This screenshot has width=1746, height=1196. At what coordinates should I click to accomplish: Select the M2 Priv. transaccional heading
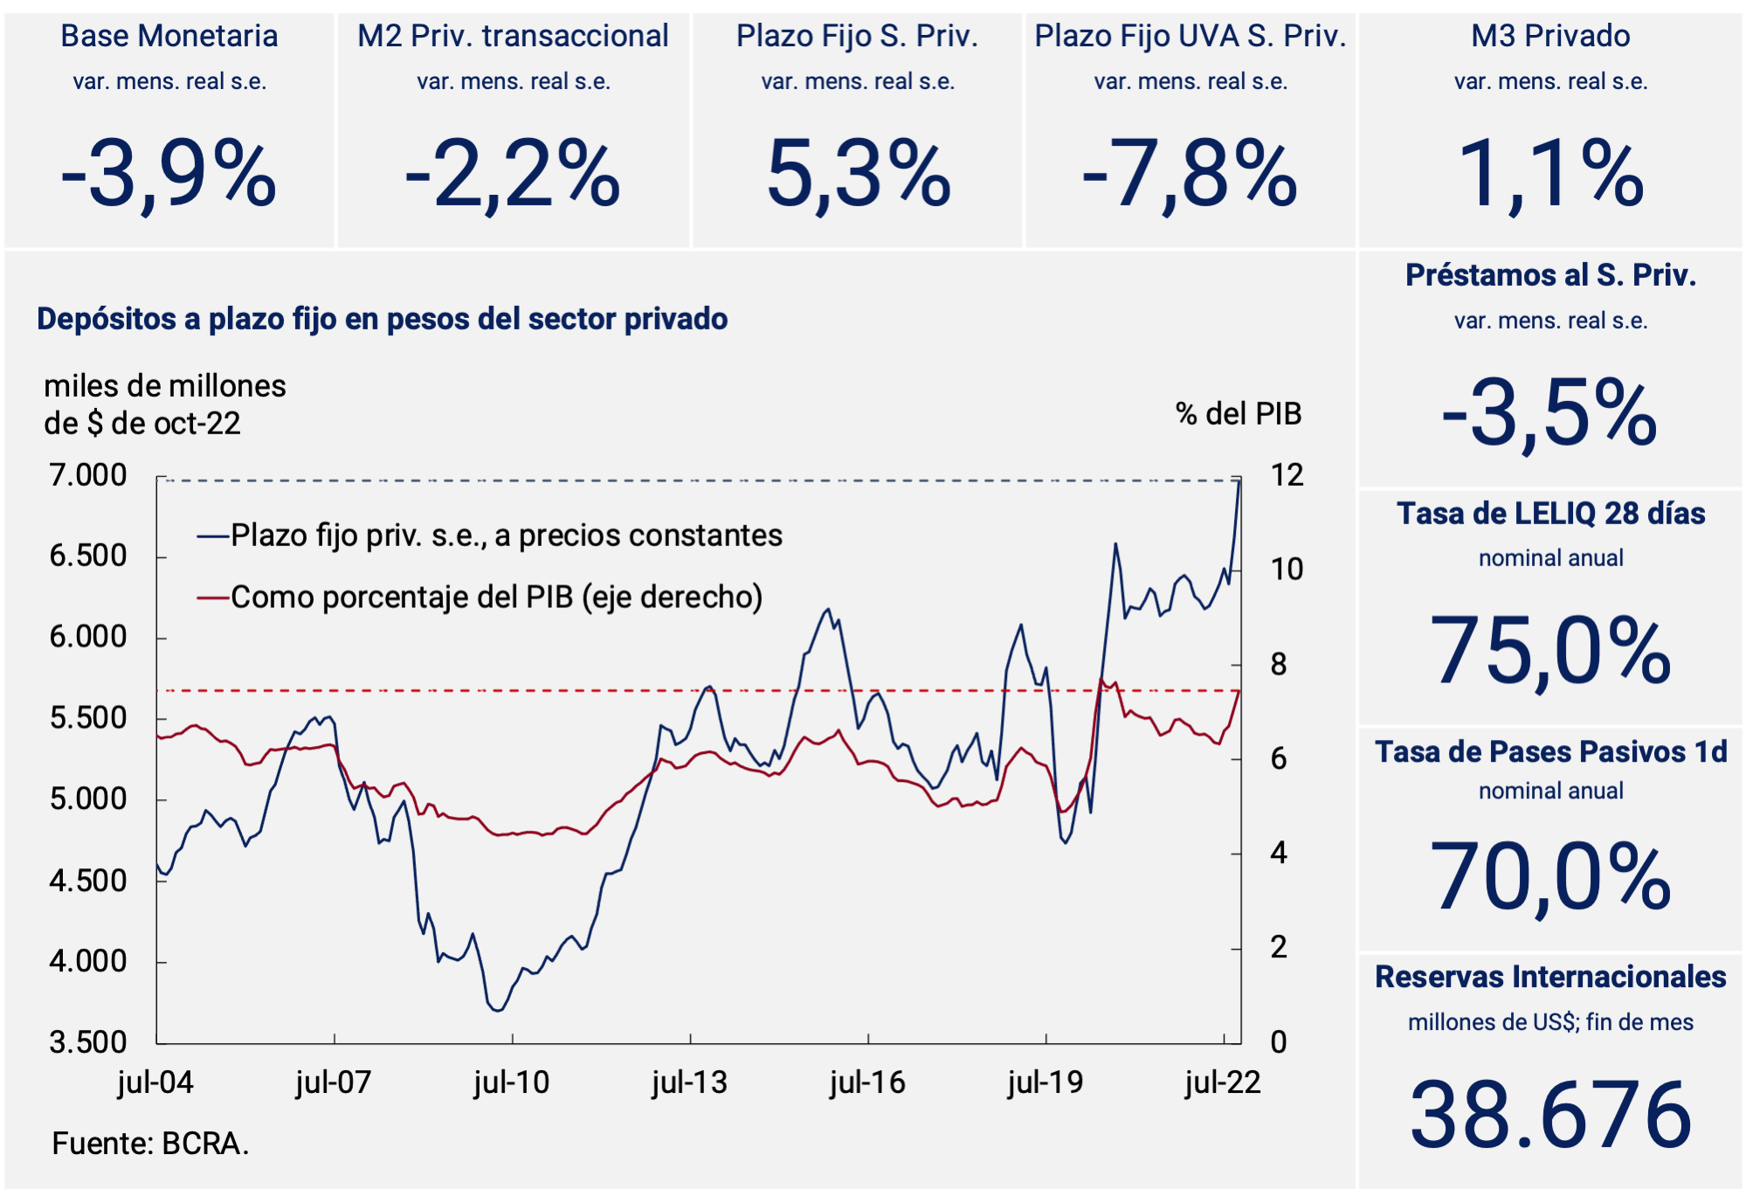click(513, 36)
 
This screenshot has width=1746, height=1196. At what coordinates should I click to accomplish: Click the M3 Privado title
click(1550, 36)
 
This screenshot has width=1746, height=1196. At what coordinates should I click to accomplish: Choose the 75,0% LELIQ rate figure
click(1550, 652)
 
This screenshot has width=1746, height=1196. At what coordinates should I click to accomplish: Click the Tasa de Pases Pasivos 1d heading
click(1550, 752)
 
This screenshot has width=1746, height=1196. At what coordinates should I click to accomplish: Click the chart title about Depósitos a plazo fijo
click(382, 319)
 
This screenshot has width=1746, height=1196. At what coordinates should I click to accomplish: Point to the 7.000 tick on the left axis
click(88, 475)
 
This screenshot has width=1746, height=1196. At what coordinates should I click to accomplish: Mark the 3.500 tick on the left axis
click(88, 1042)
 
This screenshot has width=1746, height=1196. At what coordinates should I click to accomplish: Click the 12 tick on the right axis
click(1287, 475)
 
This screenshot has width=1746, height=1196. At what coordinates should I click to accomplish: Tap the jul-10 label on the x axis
click(512, 1083)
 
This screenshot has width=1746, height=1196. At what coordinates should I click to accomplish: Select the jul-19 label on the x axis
click(1046, 1083)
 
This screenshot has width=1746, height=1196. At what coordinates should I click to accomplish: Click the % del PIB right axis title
click(1238, 414)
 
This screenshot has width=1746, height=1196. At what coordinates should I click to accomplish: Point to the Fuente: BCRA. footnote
click(150, 1144)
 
